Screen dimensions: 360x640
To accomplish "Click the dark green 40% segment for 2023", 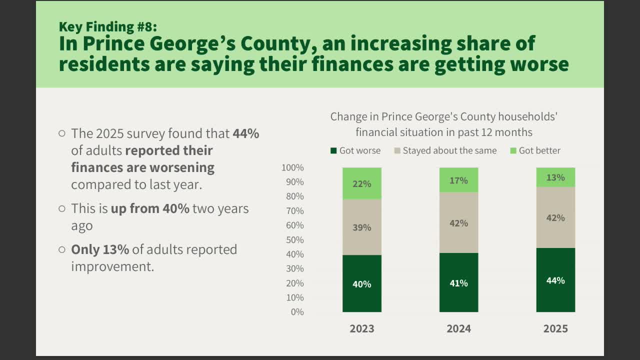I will (x=361, y=283).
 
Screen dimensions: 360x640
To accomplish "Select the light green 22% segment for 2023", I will (x=361, y=183).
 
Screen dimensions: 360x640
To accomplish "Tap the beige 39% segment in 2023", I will (x=361, y=227).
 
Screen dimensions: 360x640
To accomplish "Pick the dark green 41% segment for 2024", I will (x=458, y=282).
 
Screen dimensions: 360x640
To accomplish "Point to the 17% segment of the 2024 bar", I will (x=458, y=180).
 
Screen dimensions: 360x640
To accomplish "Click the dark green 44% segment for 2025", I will (x=555, y=280).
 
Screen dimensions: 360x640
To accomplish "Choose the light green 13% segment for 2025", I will (x=555, y=177).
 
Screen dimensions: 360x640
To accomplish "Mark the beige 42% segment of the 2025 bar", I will (x=555, y=217).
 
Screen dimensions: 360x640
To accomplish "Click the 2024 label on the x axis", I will (x=458, y=328).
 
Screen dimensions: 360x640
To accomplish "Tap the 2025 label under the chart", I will (x=555, y=328).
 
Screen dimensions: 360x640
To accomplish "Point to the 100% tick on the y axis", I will (x=293, y=167).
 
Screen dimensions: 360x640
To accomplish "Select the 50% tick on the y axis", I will (x=295, y=240).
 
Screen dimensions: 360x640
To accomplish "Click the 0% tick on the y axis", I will (x=297, y=312).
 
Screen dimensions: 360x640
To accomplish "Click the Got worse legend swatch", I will (x=333, y=150).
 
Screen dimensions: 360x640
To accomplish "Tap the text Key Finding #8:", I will (x=108, y=26).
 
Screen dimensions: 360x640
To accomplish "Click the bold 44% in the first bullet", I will (x=245, y=133).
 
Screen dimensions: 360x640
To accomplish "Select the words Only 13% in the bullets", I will (x=100, y=249).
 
